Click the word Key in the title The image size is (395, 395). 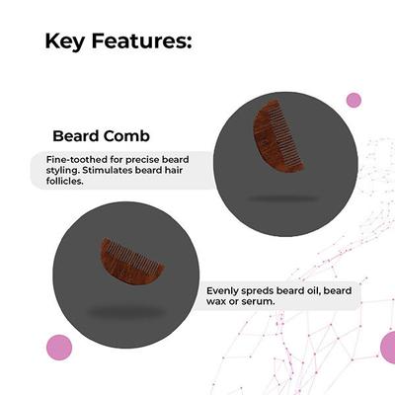(67, 41)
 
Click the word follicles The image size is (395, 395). (67, 183)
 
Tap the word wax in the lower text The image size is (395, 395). (219, 302)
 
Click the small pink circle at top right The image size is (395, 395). (354, 100)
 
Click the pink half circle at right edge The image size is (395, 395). (388, 347)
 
